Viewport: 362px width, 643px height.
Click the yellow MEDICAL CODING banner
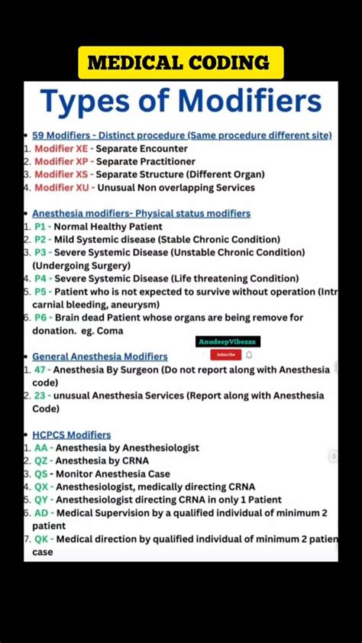pyautogui.click(x=180, y=63)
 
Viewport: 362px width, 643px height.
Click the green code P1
pyautogui.click(x=40, y=226)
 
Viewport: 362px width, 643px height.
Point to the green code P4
pyautogui.click(x=40, y=279)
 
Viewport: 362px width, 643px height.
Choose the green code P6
pyautogui.click(x=40, y=318)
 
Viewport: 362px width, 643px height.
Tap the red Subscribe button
pyautogui.click(x=225, y=354)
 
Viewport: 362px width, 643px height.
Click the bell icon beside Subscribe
pyautogui.click(x=249, y=354)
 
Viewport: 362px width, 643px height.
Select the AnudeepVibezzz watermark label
pyautogui.click(x=228, y=342)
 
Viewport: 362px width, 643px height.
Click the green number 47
pyautogui.click(x=40, y=370)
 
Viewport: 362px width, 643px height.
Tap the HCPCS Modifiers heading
pyautogui.click(x=71, y=435)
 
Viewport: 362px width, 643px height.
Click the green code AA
pyautogui.click(x=41, y=448)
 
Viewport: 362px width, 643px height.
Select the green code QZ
pyautogui.click(x=41, y=460)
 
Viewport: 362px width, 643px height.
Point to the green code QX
pyautogui.click(x=41, y=486)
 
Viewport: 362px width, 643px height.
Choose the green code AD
pyautogui.click(x=41, y=512)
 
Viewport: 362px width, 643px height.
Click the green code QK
pyautogui.click(x=41, y=538)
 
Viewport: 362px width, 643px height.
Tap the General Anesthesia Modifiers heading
pyautogui.click(x=99, y=357)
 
